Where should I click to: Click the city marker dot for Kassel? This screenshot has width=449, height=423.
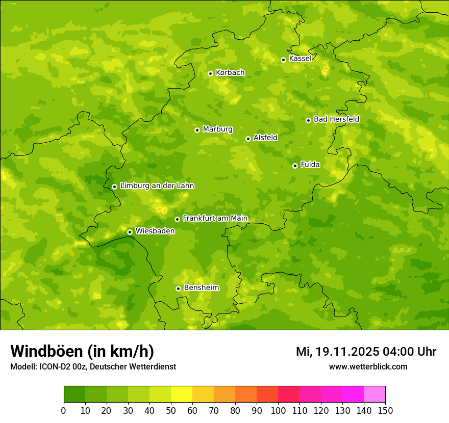[283, 60]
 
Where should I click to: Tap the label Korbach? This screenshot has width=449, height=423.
[230, 73]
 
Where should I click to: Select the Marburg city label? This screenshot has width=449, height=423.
[217, 129]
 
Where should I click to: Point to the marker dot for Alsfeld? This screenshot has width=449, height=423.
[248, 139]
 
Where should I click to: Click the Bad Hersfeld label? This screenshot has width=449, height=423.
[336, 120]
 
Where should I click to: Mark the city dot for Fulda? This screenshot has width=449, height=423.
[295, 166]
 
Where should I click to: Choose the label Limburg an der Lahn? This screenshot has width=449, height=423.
[157, 186]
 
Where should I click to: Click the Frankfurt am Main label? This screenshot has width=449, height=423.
[215, 219]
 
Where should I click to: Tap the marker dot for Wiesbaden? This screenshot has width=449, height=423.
[130, 232]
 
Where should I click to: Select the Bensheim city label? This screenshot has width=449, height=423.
[201, 288]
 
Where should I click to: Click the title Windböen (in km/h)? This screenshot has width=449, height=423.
[82, 351]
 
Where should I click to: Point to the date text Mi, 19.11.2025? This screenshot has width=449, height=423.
[337, 352]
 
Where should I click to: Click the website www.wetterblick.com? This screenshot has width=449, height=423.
[368, 366]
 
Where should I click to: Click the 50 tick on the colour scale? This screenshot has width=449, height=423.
[171, 410]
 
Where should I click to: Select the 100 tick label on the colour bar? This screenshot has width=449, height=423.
[278, 410]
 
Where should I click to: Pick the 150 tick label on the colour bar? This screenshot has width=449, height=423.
[385, 410]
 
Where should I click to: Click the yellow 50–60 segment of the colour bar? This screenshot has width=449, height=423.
[182, 394]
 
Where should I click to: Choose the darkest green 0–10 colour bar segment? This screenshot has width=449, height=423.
[74, 394]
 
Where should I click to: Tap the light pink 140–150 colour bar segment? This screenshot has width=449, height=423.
[375, 394]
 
